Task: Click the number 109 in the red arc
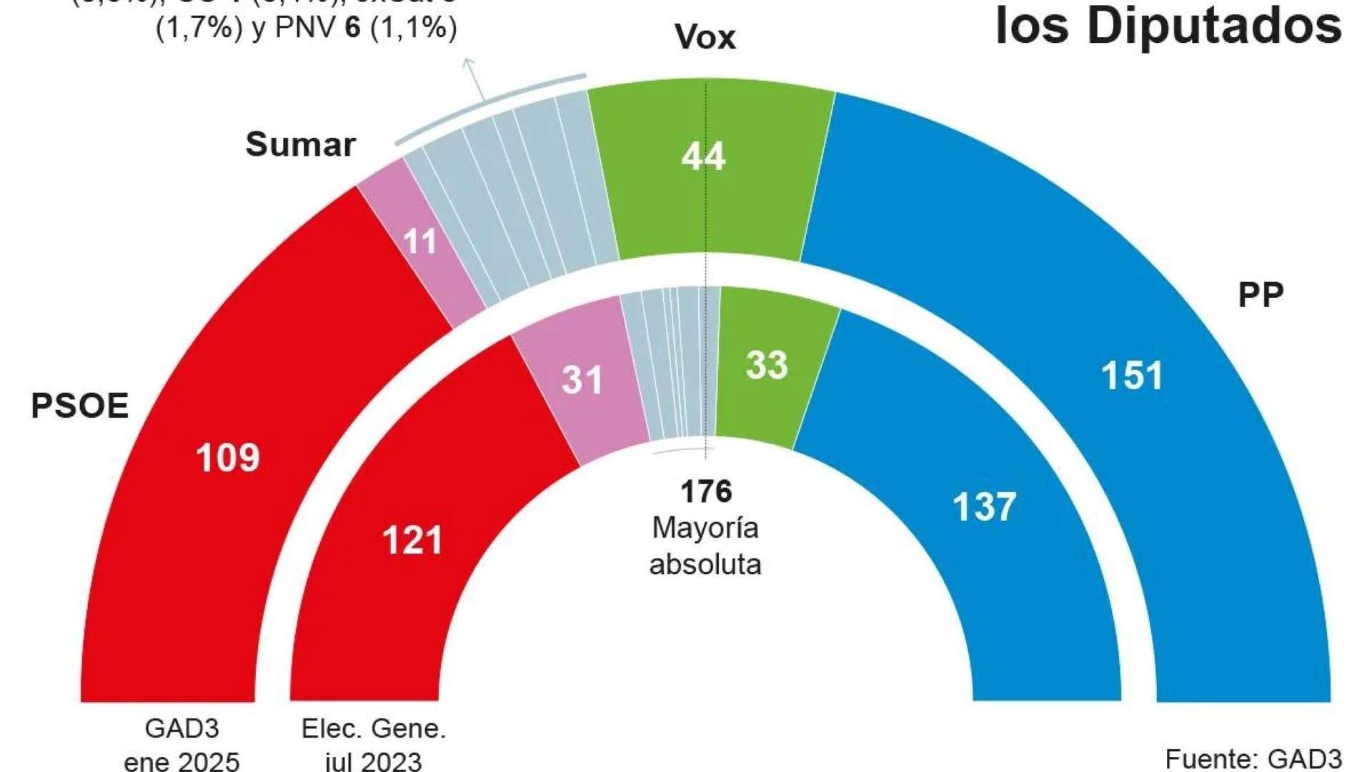(x=227, y=458)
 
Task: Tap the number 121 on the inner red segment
(x=412, y=540)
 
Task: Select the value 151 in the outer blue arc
(x=1132, y=376)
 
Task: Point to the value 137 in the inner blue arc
(x=984, y=506)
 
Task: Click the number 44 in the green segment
(x=703, y=156)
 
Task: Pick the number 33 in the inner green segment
(x=767, y=365)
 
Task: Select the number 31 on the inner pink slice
(x=582, y=379)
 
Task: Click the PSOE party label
(x=79, y=406)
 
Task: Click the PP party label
(x=1261, y=295)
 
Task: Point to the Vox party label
(x=705, y=37)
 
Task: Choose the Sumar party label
(x=300, y=145)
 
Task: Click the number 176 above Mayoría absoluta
(x=706, y=491)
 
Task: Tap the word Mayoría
(x=705, y=528)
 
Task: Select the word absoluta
(x=705, y=564)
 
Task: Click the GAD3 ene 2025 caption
(x=182, y=744)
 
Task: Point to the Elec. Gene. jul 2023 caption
(x=373, y=744)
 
